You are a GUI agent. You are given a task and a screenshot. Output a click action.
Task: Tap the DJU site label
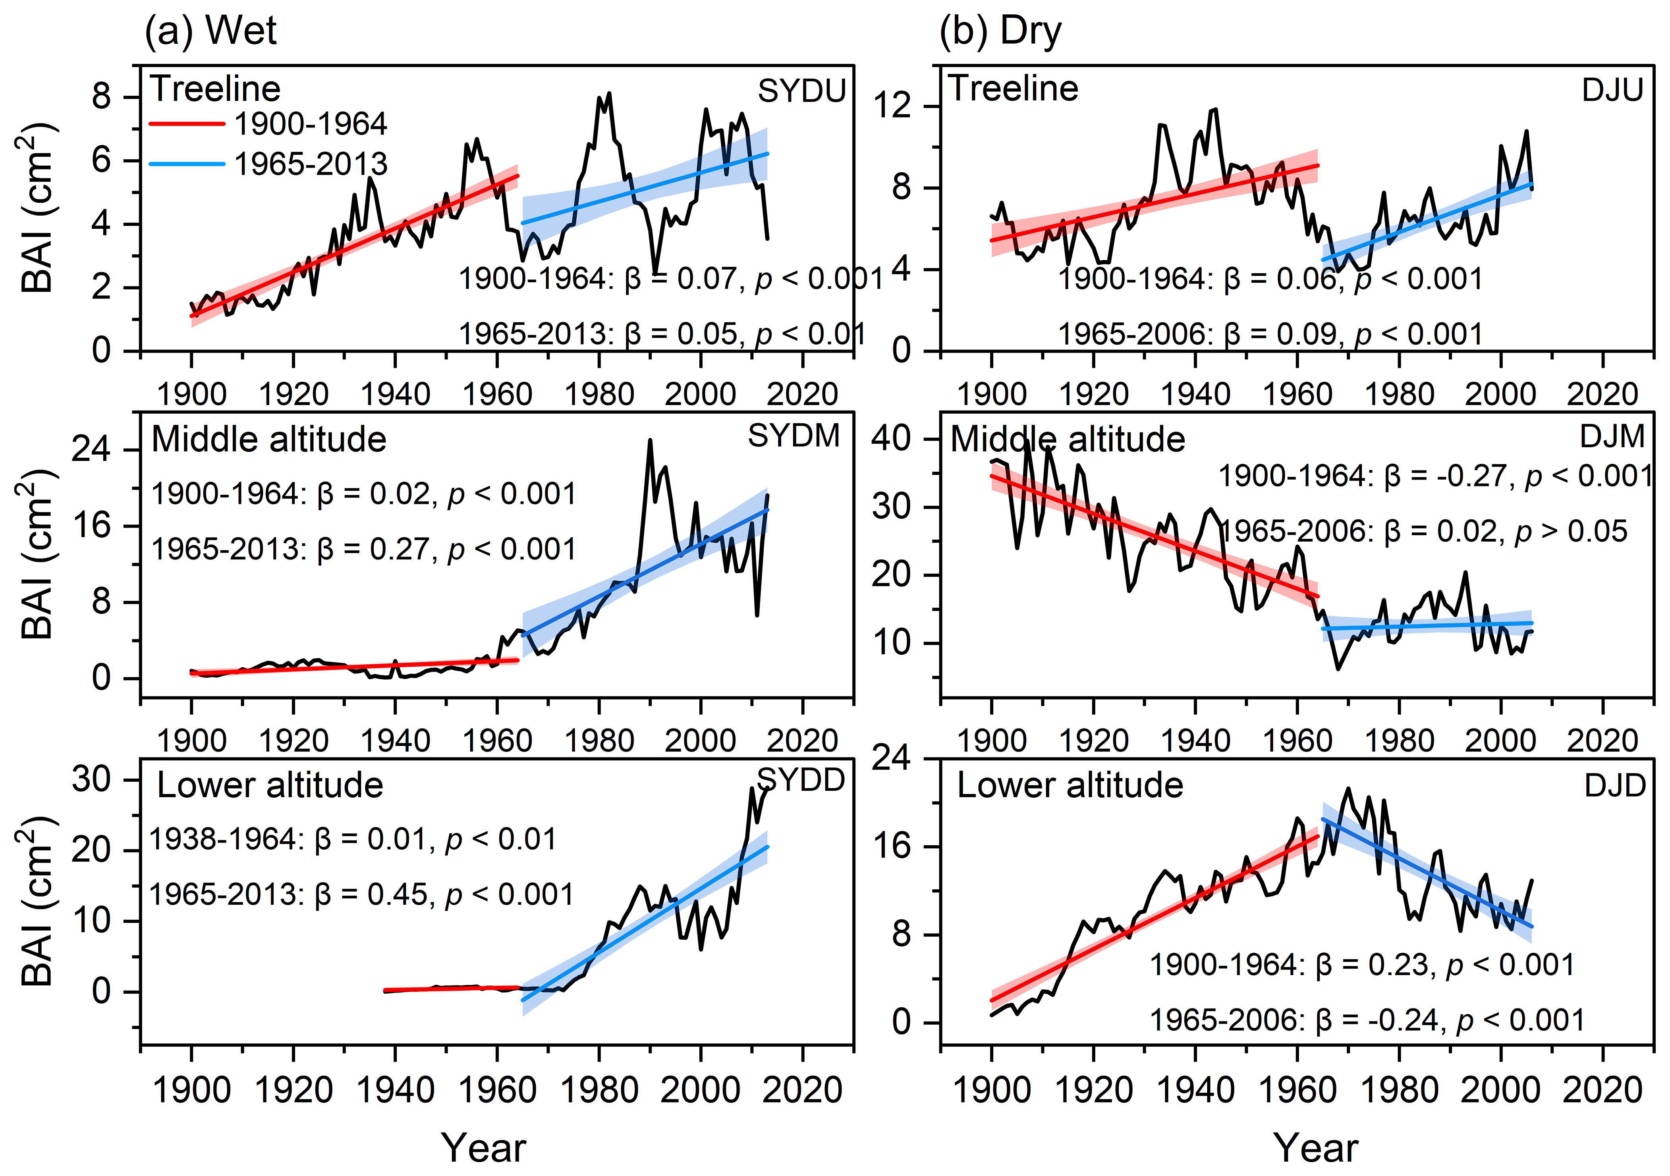coord(1612,90)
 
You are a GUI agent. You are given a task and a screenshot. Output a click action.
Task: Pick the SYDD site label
coord(801,781)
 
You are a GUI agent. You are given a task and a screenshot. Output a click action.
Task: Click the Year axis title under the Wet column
coord(484,1148)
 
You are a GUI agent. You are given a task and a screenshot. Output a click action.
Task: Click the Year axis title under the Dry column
coord(1315,1148)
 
